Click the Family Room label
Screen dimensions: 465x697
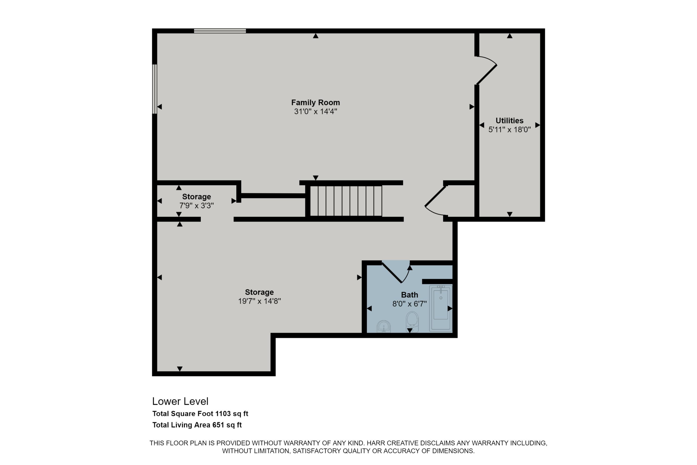point(315,103)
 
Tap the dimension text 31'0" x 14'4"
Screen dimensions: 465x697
point(315,112)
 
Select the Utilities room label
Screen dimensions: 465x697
point(510,121)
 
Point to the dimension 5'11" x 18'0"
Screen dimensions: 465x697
point(510,130)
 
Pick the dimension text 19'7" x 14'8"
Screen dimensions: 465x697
point(259,301)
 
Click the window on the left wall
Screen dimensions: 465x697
point(155,89)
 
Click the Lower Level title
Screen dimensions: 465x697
point(180,402)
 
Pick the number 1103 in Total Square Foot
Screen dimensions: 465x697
point(223,414)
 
